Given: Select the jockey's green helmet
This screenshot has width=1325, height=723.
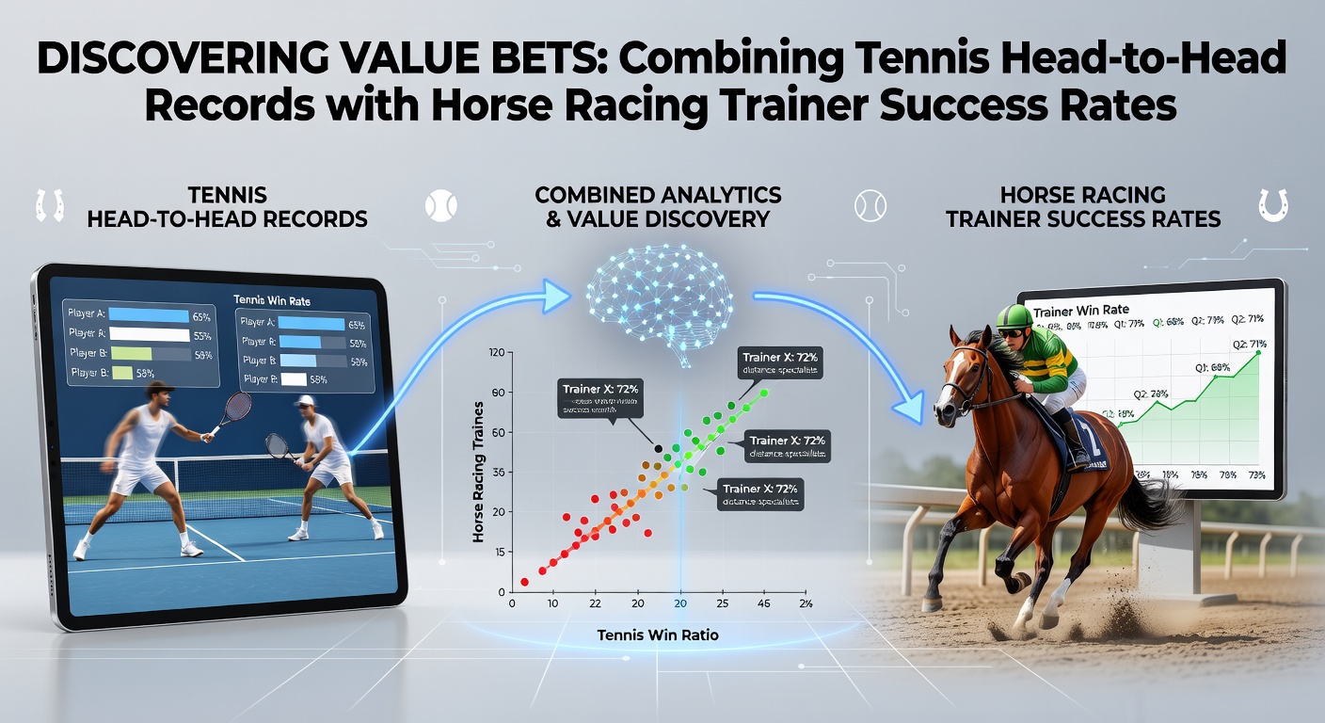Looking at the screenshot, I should point(1011,316).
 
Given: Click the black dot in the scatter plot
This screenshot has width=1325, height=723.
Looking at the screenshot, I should point(658,448).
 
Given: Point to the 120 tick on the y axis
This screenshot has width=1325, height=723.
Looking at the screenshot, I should point(499,352).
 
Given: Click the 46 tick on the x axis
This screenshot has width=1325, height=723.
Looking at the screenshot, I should point(763,603).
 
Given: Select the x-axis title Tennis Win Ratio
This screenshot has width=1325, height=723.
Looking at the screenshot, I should point(658,635).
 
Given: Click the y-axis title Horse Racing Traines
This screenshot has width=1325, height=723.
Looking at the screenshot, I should point(478,471).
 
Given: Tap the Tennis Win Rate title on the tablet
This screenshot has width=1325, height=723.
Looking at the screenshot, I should point(271,300).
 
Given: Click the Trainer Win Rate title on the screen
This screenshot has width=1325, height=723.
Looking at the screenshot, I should point(1081,310).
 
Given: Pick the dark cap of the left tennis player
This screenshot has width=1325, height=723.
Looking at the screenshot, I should point(160,387).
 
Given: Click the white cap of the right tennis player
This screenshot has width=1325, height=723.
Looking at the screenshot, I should point(303,401).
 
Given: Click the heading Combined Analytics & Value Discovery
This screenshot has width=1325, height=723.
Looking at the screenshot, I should point(658,206).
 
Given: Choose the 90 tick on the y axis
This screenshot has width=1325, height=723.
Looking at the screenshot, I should point(499,392).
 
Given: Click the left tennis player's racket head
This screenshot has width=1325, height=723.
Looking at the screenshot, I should point(239,407).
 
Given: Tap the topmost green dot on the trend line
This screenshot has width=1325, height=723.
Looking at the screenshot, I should point(763,393).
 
